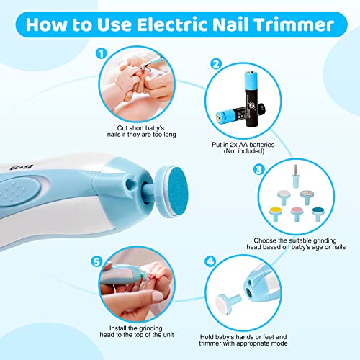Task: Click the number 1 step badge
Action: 102,53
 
